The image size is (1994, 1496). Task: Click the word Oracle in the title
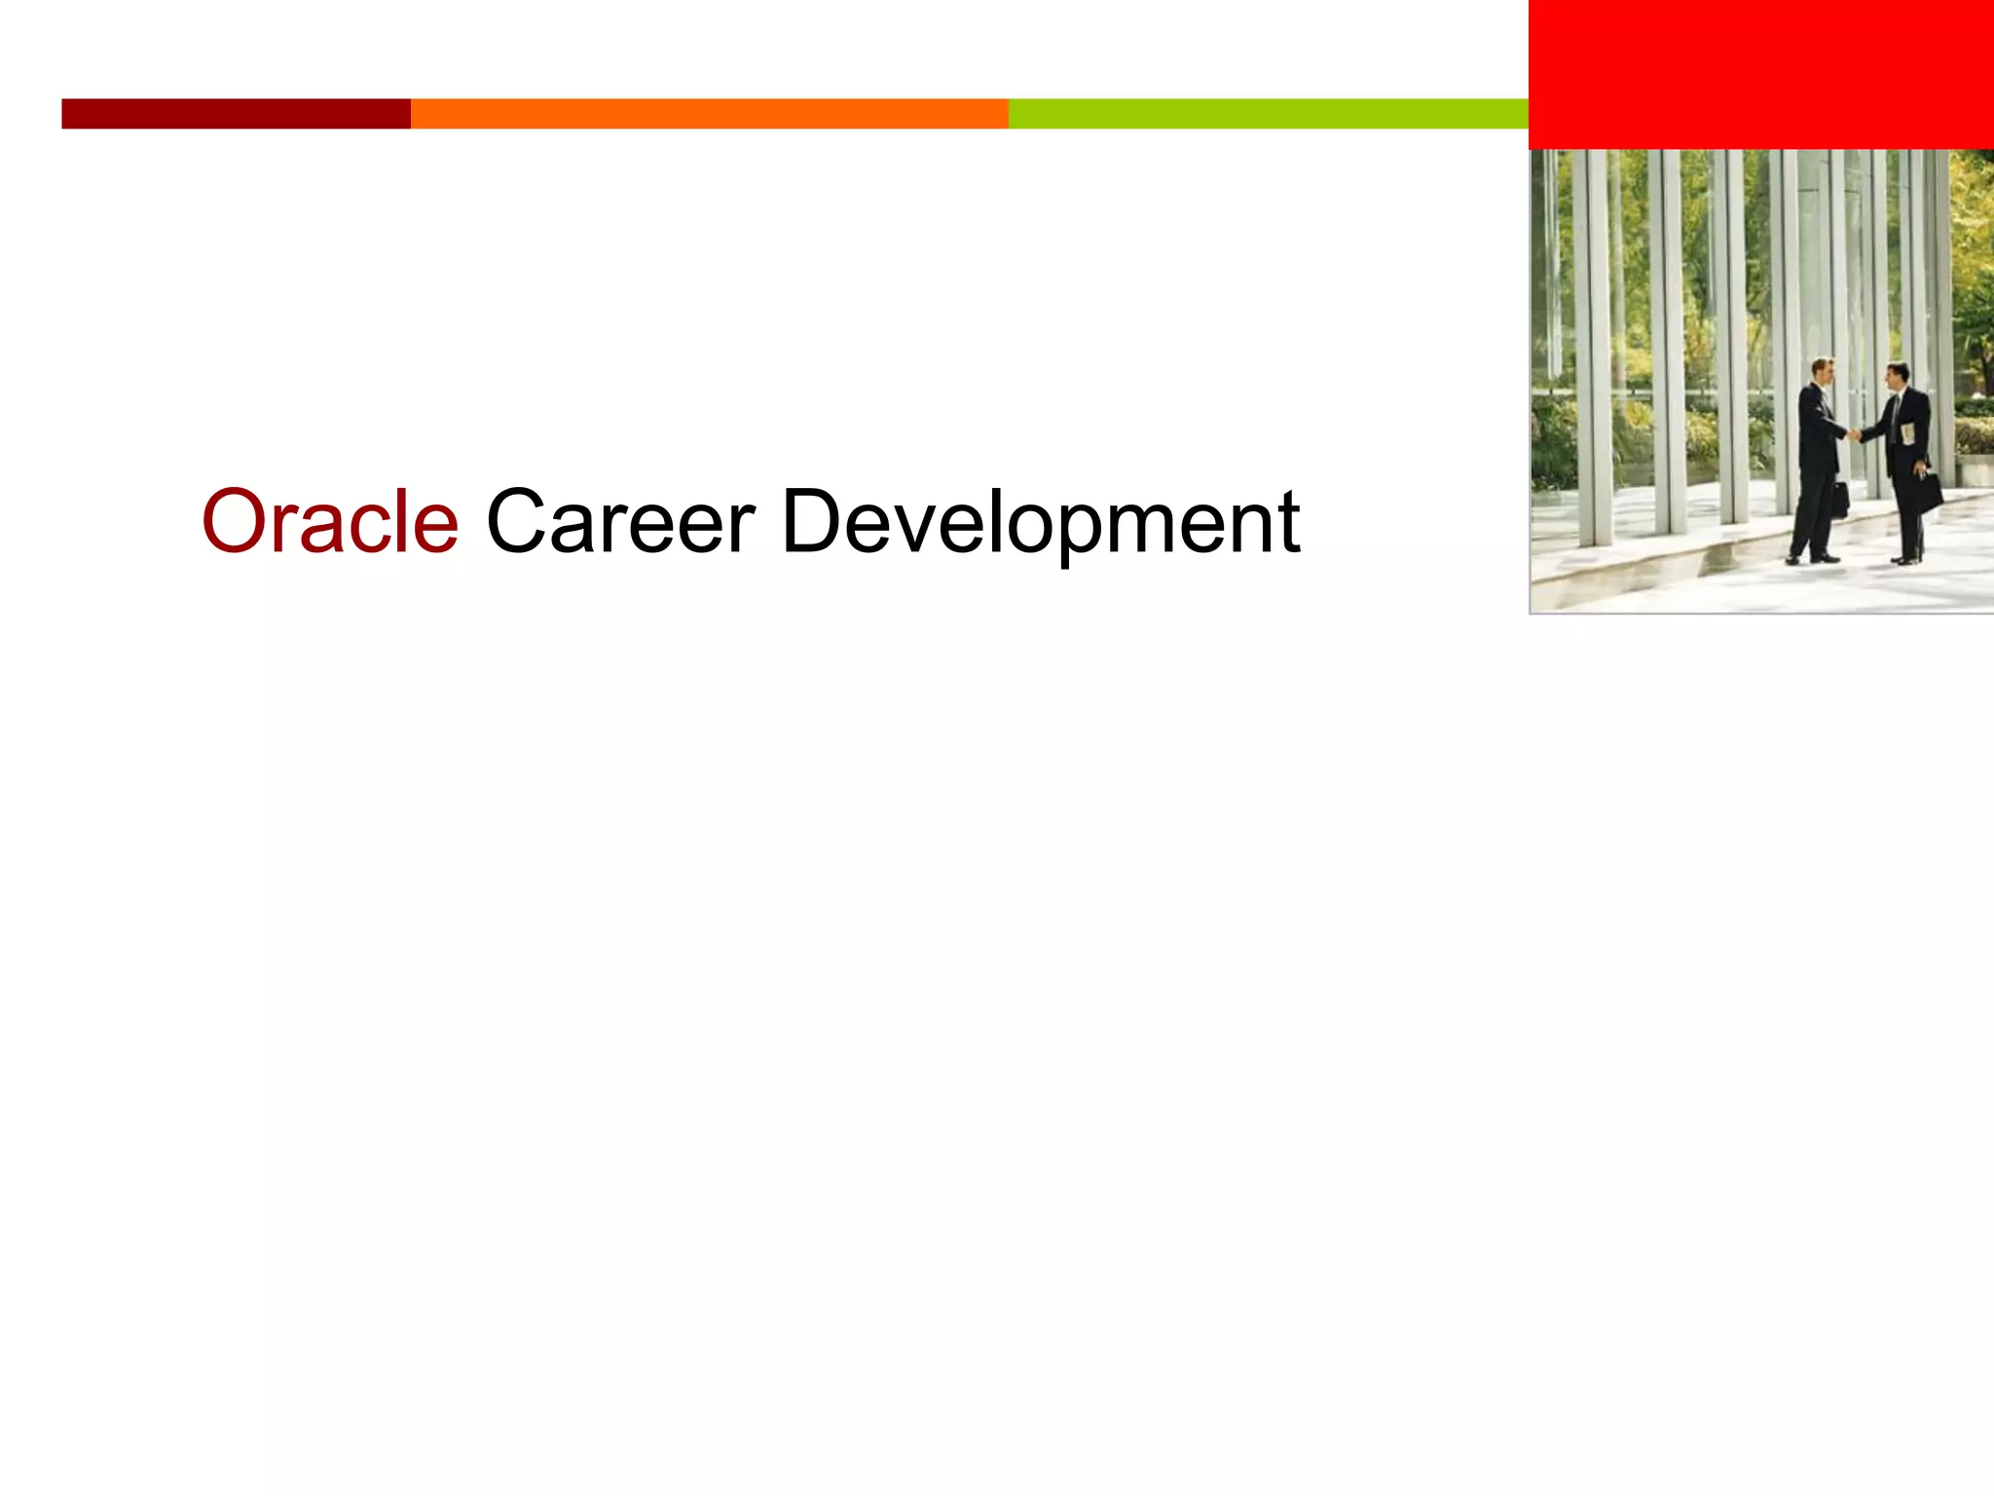point(329,522)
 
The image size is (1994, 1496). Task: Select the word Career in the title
point(619,522)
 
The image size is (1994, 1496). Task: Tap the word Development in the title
point(1039,524)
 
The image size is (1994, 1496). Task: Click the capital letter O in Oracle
point(237,522)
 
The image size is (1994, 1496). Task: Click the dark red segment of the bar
point(236,113)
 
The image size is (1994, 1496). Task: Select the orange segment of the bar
point(709,113)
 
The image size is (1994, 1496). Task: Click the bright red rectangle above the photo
point(1760,74)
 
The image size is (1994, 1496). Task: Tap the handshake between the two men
point(1856,433)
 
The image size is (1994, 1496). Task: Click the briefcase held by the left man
point(1839,500)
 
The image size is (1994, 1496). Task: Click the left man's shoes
point(1811,558)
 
